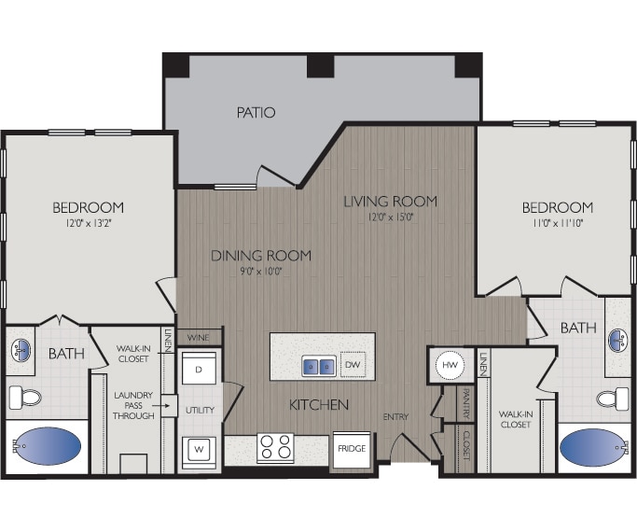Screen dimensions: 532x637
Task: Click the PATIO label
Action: (x=256, y=113)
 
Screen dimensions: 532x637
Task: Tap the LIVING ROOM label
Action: (x=390, y=201)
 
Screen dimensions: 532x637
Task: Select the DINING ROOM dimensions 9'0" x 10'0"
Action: (x=260, y=272)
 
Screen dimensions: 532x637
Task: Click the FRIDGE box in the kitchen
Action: (x=352, y=449)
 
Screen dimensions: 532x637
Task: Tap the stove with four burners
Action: (x=275, y=447)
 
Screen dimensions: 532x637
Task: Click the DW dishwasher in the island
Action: (x=353, y=366)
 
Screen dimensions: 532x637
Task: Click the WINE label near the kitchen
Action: (x=198, y=337)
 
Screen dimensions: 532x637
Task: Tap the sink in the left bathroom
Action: (x=22, y=351)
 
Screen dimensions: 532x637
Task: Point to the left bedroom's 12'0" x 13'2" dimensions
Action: (x=88, y=224)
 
